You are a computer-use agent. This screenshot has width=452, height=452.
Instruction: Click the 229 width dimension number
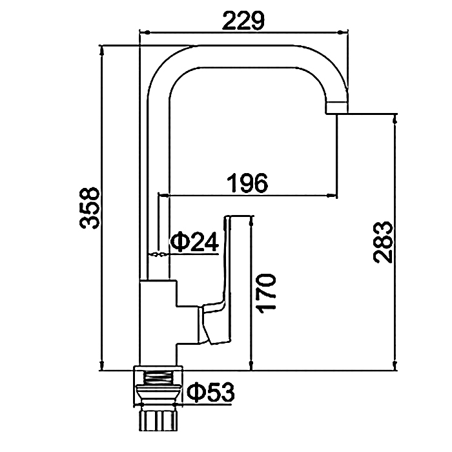tap(243, 21)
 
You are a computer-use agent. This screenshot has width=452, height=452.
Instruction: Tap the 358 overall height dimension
tap(90, 208)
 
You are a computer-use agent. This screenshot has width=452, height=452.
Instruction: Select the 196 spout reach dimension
tap(247, 183)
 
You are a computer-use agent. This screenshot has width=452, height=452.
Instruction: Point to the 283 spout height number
tap(383, 242)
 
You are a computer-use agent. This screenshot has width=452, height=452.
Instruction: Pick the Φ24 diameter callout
tap(194, 242)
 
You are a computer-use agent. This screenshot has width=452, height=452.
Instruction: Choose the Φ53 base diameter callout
tap(211, 393)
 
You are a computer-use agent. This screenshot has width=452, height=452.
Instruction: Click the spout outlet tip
tap(337, 108)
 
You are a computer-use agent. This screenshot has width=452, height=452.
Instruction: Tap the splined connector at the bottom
tap(158, 420)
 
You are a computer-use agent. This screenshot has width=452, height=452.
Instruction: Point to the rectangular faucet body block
tap(158, 323)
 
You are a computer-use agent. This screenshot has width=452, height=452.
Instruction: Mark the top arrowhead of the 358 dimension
tap(101, 51)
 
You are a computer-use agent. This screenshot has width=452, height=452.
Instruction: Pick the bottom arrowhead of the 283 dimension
tap(395, 365)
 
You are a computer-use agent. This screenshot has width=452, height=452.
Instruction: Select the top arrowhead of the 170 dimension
tap(251, 221)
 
